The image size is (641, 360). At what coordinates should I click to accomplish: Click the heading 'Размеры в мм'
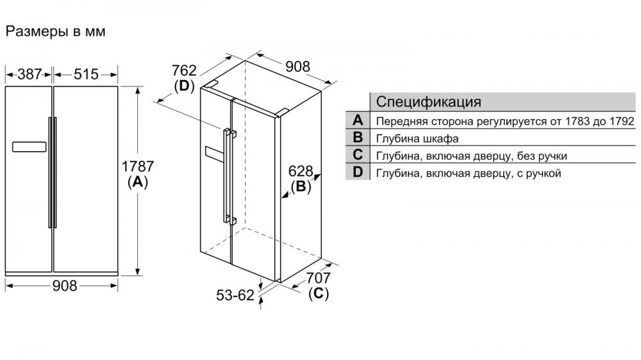click(56, 31)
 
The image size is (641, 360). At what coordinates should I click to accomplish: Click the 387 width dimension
click(29, 74)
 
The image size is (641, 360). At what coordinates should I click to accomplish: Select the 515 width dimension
click(86, 74)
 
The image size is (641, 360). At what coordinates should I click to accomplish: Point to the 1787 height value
click(138, 167)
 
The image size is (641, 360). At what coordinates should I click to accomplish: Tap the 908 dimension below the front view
click(65, 286)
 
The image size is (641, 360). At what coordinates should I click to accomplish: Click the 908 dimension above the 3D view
click(297, 66)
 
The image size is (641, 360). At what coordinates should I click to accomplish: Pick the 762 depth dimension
click(184, 70)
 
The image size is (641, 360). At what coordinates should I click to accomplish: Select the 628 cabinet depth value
click(301, 171)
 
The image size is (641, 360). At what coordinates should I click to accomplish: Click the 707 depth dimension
click(319, 278)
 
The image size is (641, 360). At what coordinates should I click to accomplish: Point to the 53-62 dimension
click(235, 295)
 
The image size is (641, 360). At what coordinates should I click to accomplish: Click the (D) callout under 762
click(184, 86)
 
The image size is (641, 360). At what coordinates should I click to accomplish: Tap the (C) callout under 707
click(319, 293)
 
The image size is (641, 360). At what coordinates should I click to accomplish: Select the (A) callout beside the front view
click(138, 182)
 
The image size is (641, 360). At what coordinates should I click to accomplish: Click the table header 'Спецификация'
click(428, 101)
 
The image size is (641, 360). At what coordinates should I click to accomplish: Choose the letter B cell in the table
click(358, 137)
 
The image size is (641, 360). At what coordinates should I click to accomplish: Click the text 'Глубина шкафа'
click(417, 138)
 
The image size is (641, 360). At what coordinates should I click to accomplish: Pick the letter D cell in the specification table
click(358, 172)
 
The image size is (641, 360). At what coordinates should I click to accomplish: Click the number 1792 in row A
click(621, 121)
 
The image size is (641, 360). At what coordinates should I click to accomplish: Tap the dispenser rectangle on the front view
click(29, 147)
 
